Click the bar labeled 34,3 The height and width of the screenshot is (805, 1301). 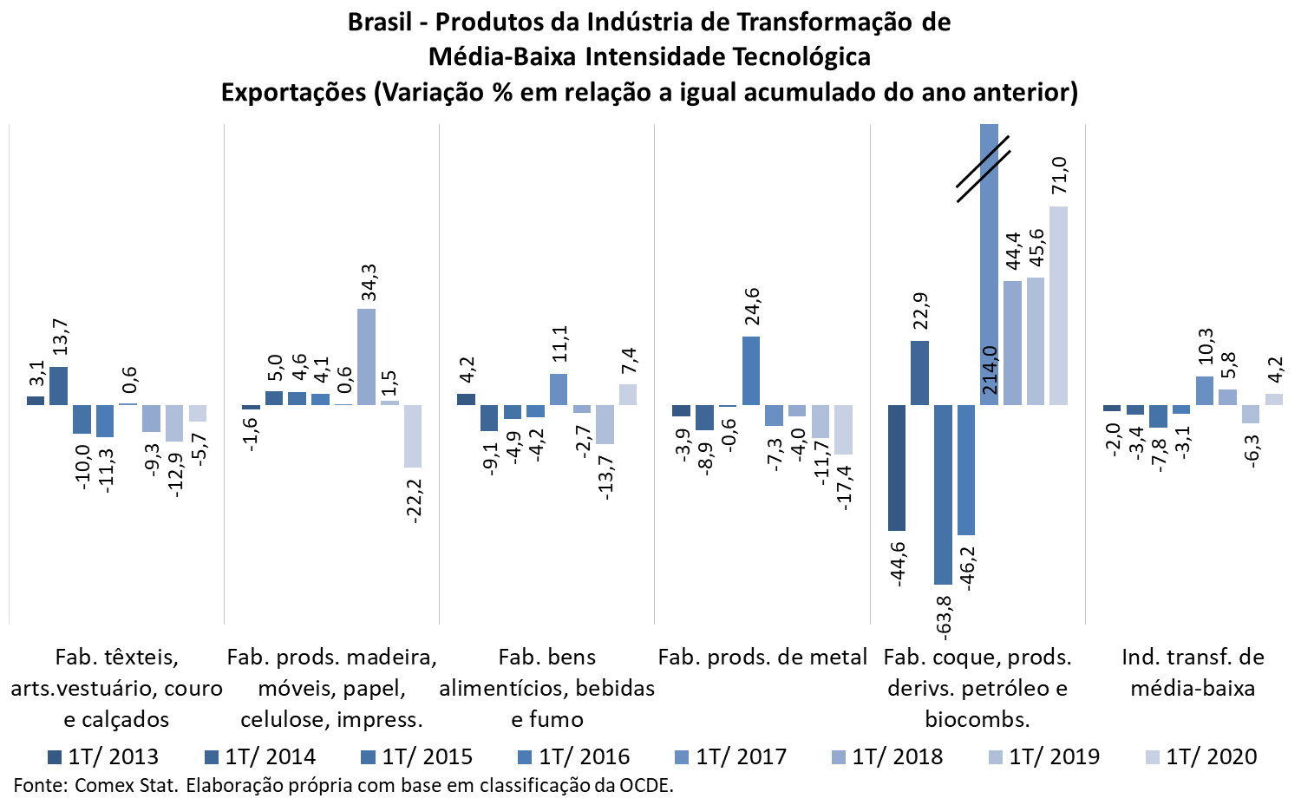367,357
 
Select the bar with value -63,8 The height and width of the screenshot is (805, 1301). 944,494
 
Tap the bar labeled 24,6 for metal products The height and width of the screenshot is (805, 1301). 751,370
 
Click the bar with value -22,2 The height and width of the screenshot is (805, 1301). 413,436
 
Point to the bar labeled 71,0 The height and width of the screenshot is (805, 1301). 1058,305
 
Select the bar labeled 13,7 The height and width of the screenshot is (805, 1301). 59,386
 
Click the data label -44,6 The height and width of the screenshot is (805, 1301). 898,564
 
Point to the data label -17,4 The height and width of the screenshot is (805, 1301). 844,487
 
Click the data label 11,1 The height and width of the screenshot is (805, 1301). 559,344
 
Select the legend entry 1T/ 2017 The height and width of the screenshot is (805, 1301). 731,756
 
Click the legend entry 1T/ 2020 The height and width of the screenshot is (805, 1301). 1201,756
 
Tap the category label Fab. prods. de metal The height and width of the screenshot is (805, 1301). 762,658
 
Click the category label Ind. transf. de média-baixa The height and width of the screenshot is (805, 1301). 1193,673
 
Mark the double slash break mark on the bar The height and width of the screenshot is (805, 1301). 984,169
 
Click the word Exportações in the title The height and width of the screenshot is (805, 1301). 293,92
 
